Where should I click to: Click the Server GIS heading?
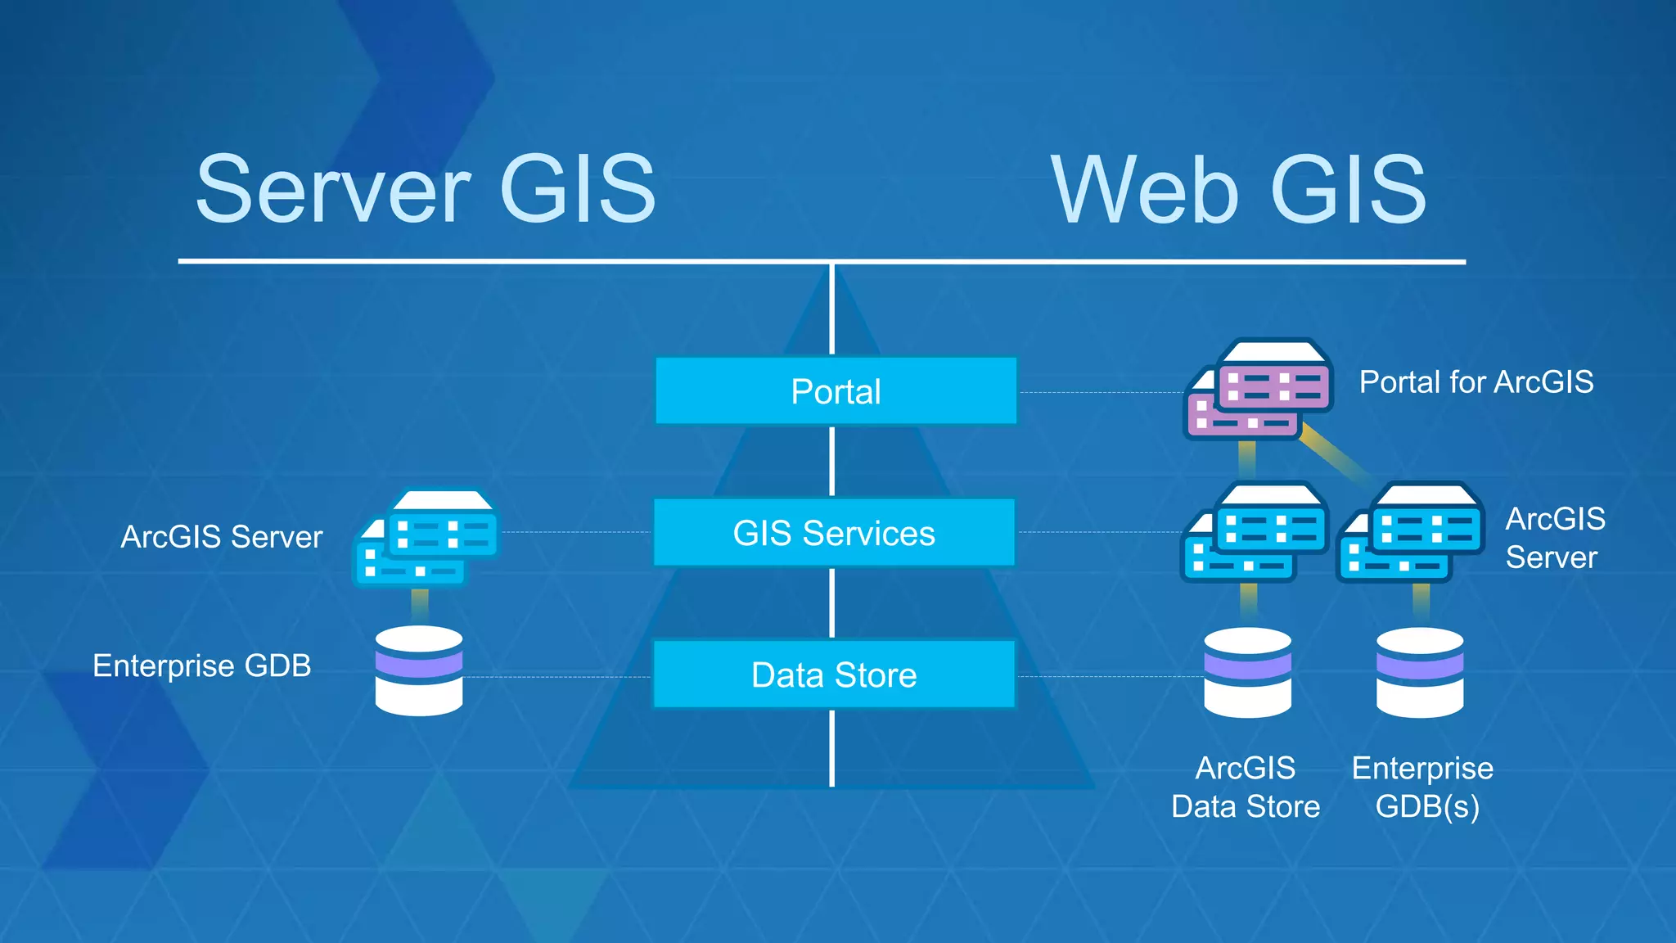coord(426,190)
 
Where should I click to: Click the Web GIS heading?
coord(1238,191)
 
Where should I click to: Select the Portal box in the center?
coord(836,391)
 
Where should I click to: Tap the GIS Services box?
coord(834,533)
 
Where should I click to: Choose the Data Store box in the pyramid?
coord(834,675)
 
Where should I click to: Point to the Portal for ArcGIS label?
coord(1476,382)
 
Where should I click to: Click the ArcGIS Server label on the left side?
coord(222,537)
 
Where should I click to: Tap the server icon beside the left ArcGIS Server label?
coord(426,538)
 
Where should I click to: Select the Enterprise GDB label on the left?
coord(202,666)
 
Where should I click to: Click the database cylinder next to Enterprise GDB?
coord(419,671)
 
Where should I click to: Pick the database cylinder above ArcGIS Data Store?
coord(1248,673)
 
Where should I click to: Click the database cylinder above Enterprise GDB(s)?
coord(1420,673)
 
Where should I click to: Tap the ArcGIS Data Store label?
coord(1246,787)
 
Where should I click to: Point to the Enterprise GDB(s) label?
coord(1423,787)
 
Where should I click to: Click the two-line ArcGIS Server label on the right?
coord(1554,538)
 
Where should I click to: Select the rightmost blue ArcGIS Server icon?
coord(1411,533)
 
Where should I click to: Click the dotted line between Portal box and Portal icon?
coord(1101,393)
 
